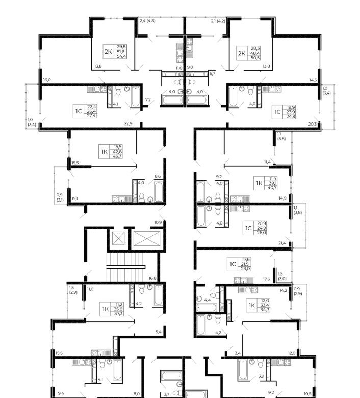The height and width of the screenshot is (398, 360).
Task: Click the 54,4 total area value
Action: [121, 56]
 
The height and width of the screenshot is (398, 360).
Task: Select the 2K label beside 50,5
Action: [242, 53]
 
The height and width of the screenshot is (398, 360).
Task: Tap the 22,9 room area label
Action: [128, 123]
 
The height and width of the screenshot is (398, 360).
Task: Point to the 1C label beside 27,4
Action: [79, 111]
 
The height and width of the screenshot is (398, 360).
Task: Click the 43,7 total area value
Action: [117, 156]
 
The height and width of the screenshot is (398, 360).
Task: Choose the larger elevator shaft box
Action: [147, 239]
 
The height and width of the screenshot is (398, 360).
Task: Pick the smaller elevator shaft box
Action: [118, 238]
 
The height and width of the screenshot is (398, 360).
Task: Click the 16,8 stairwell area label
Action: [152, 278]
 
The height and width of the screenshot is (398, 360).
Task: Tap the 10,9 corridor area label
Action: [158, 222]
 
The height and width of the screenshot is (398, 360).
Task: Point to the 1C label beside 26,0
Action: [248, 228]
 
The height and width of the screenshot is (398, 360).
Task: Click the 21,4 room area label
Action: [282, 243]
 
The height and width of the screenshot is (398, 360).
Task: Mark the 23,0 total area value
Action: [246, 268]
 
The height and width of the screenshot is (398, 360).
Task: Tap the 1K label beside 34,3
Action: [252, 305]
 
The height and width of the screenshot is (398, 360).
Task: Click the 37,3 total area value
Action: [118, 314]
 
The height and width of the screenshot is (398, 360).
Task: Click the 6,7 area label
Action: [212, 73]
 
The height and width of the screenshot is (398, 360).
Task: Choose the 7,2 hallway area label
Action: [148, 99]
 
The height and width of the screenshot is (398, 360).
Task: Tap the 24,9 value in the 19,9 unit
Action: [291, 116]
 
